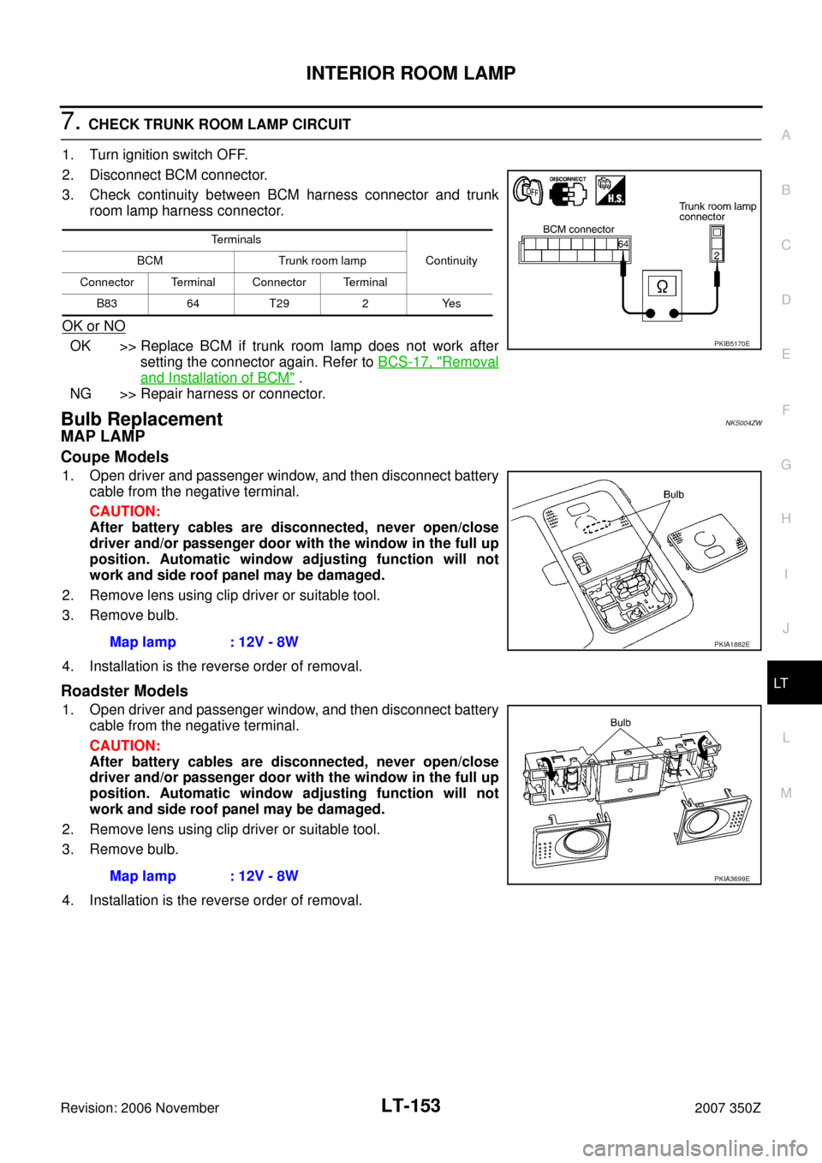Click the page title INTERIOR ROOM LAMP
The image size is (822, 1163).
pyautogui.click(x=410, y=73)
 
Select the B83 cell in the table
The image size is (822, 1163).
pyautogui.click(x=106, y=304)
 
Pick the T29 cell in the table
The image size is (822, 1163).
pyautogui.click(x=278, y=304)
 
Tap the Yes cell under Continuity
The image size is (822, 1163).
pyautogui.click(x=451, y=304)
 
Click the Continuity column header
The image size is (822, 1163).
pyautogui.click(x=451, y=260)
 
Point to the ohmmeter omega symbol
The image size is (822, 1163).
pyautogui.click(x=662, y=287)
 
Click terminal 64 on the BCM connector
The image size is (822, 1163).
pyautogui.click(x=623, y=244)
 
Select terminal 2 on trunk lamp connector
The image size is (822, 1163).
pyautogui.click(x=717, y=255)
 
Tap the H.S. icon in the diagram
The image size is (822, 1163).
pyautogui.click(x=611, y=190)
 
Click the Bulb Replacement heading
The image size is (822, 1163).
pyautogui.click(x=141, y=419)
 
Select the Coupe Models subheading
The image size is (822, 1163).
pyautogui.click(x=115, y=457)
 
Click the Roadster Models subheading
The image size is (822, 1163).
pyautogui.click(x=124, y=691)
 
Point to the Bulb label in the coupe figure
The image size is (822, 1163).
pyautogui.click(x=674, y=495)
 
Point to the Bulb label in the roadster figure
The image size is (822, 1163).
pyautogui.click(x=621, y=723)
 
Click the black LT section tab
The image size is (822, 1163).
pyautogui.click(x=795, y=683)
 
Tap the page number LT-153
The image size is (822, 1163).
pyautogui.click(x=410, y=1106)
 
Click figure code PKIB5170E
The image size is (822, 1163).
pyautogui.click(x=732, y=343)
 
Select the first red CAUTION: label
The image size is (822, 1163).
pyautogui.click(x=125, y=511)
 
